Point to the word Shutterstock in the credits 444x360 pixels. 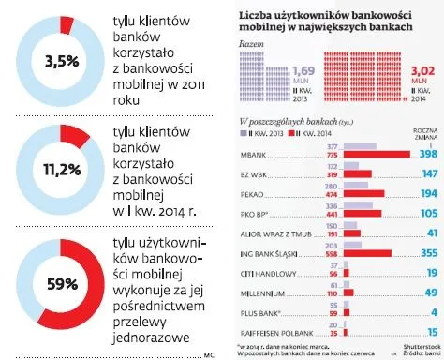416,344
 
